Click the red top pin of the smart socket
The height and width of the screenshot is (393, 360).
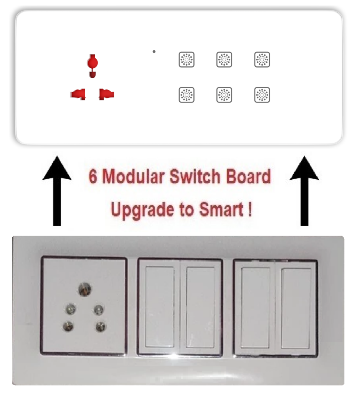point(92,66)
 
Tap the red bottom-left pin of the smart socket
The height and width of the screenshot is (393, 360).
point(78,94)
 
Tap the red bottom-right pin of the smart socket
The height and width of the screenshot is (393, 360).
point(107,94)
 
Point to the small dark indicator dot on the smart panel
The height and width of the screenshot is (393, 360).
point(154,52)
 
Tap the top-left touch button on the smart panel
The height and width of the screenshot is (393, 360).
point(187,59)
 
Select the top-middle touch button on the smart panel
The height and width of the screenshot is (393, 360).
point(224,59)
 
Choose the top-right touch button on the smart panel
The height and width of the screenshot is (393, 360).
point(262,59)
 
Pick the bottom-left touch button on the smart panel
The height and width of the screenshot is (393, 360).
point(187,95)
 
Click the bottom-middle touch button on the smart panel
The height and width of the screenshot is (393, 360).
point(224,95)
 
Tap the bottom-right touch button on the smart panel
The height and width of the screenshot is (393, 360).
point(262,95)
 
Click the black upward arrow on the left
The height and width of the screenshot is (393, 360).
point(57,191)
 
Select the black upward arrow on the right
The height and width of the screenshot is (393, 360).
point(304,191)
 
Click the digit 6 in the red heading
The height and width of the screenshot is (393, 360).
point(93,177)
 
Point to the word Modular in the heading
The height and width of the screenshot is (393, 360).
point(134,177)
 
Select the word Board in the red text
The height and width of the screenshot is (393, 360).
point(248,177)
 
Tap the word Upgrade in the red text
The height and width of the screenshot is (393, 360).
point(143,210)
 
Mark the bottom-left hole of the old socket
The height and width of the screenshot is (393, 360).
point(68,326)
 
